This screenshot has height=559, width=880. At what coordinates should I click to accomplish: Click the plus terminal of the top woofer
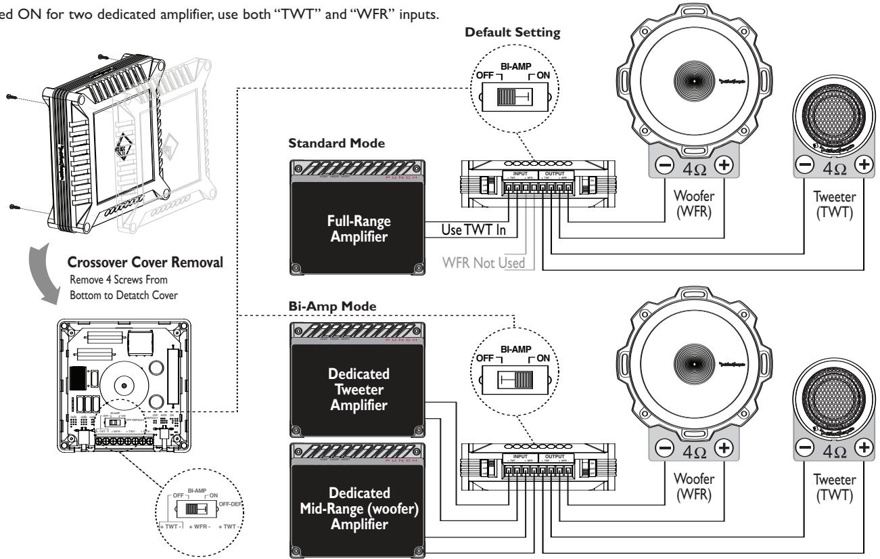pos(722,164)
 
